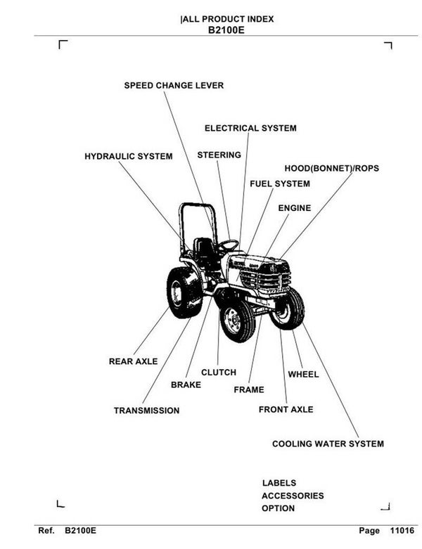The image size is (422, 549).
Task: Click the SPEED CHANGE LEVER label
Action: click(174, 86)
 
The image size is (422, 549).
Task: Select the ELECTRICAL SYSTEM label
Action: click(250, 129)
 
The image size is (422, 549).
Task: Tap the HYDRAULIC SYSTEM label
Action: click(128, 156)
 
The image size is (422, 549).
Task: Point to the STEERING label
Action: click(219, 155)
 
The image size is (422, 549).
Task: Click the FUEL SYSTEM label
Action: click(279, 184)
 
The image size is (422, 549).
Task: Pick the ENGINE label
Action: click(294, 208)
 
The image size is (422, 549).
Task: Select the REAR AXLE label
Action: click(133, 361)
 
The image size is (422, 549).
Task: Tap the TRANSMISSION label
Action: click(146, 411)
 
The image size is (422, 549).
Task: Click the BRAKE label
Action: click(186, 385)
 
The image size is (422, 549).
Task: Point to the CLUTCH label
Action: click(218, 373)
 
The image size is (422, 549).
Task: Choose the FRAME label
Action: click(248, 390)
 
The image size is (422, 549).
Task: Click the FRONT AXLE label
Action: click(286, 409)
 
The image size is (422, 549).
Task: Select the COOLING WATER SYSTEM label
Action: click(328, 444)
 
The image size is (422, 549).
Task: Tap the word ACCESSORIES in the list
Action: click(293, 496)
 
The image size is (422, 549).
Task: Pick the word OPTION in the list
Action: click(278, 508)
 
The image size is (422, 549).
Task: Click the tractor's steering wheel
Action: click(227, 245)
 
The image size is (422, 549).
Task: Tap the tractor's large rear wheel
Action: click(184, 292)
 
